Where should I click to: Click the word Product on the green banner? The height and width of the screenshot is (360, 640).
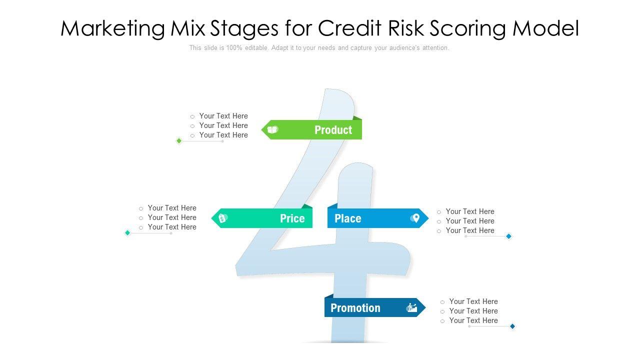coord(333,130)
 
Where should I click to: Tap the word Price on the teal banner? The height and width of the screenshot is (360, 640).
coord(292,218)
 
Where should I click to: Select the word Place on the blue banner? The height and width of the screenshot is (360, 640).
coord(347,218)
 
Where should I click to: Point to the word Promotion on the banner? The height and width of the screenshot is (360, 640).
coord(355,308)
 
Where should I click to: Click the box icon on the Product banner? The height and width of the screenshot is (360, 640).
coord(272,130)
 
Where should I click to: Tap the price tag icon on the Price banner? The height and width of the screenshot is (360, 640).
coord(223,218)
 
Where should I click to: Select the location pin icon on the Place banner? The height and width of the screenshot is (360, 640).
coord(414,218)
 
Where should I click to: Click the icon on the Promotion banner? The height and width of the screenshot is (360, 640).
coord(411,308)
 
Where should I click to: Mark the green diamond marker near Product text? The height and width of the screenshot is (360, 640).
coord(179,141)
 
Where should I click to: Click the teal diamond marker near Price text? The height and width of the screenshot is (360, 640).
coord(127,233)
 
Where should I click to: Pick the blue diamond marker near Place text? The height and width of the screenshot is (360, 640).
coord(508,236)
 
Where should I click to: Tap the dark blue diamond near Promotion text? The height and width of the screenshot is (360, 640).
coord(512,326)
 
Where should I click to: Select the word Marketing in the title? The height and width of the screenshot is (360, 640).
coord(112,28)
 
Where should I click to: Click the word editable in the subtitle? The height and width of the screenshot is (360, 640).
coord(256,48)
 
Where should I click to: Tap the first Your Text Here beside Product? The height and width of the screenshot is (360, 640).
coord(223,116)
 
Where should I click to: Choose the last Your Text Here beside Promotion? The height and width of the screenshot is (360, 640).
coord(473,320)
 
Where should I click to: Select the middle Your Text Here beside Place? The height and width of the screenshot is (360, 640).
coord(470,221)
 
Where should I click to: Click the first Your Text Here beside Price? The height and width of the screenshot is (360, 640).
coord(172,208)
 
